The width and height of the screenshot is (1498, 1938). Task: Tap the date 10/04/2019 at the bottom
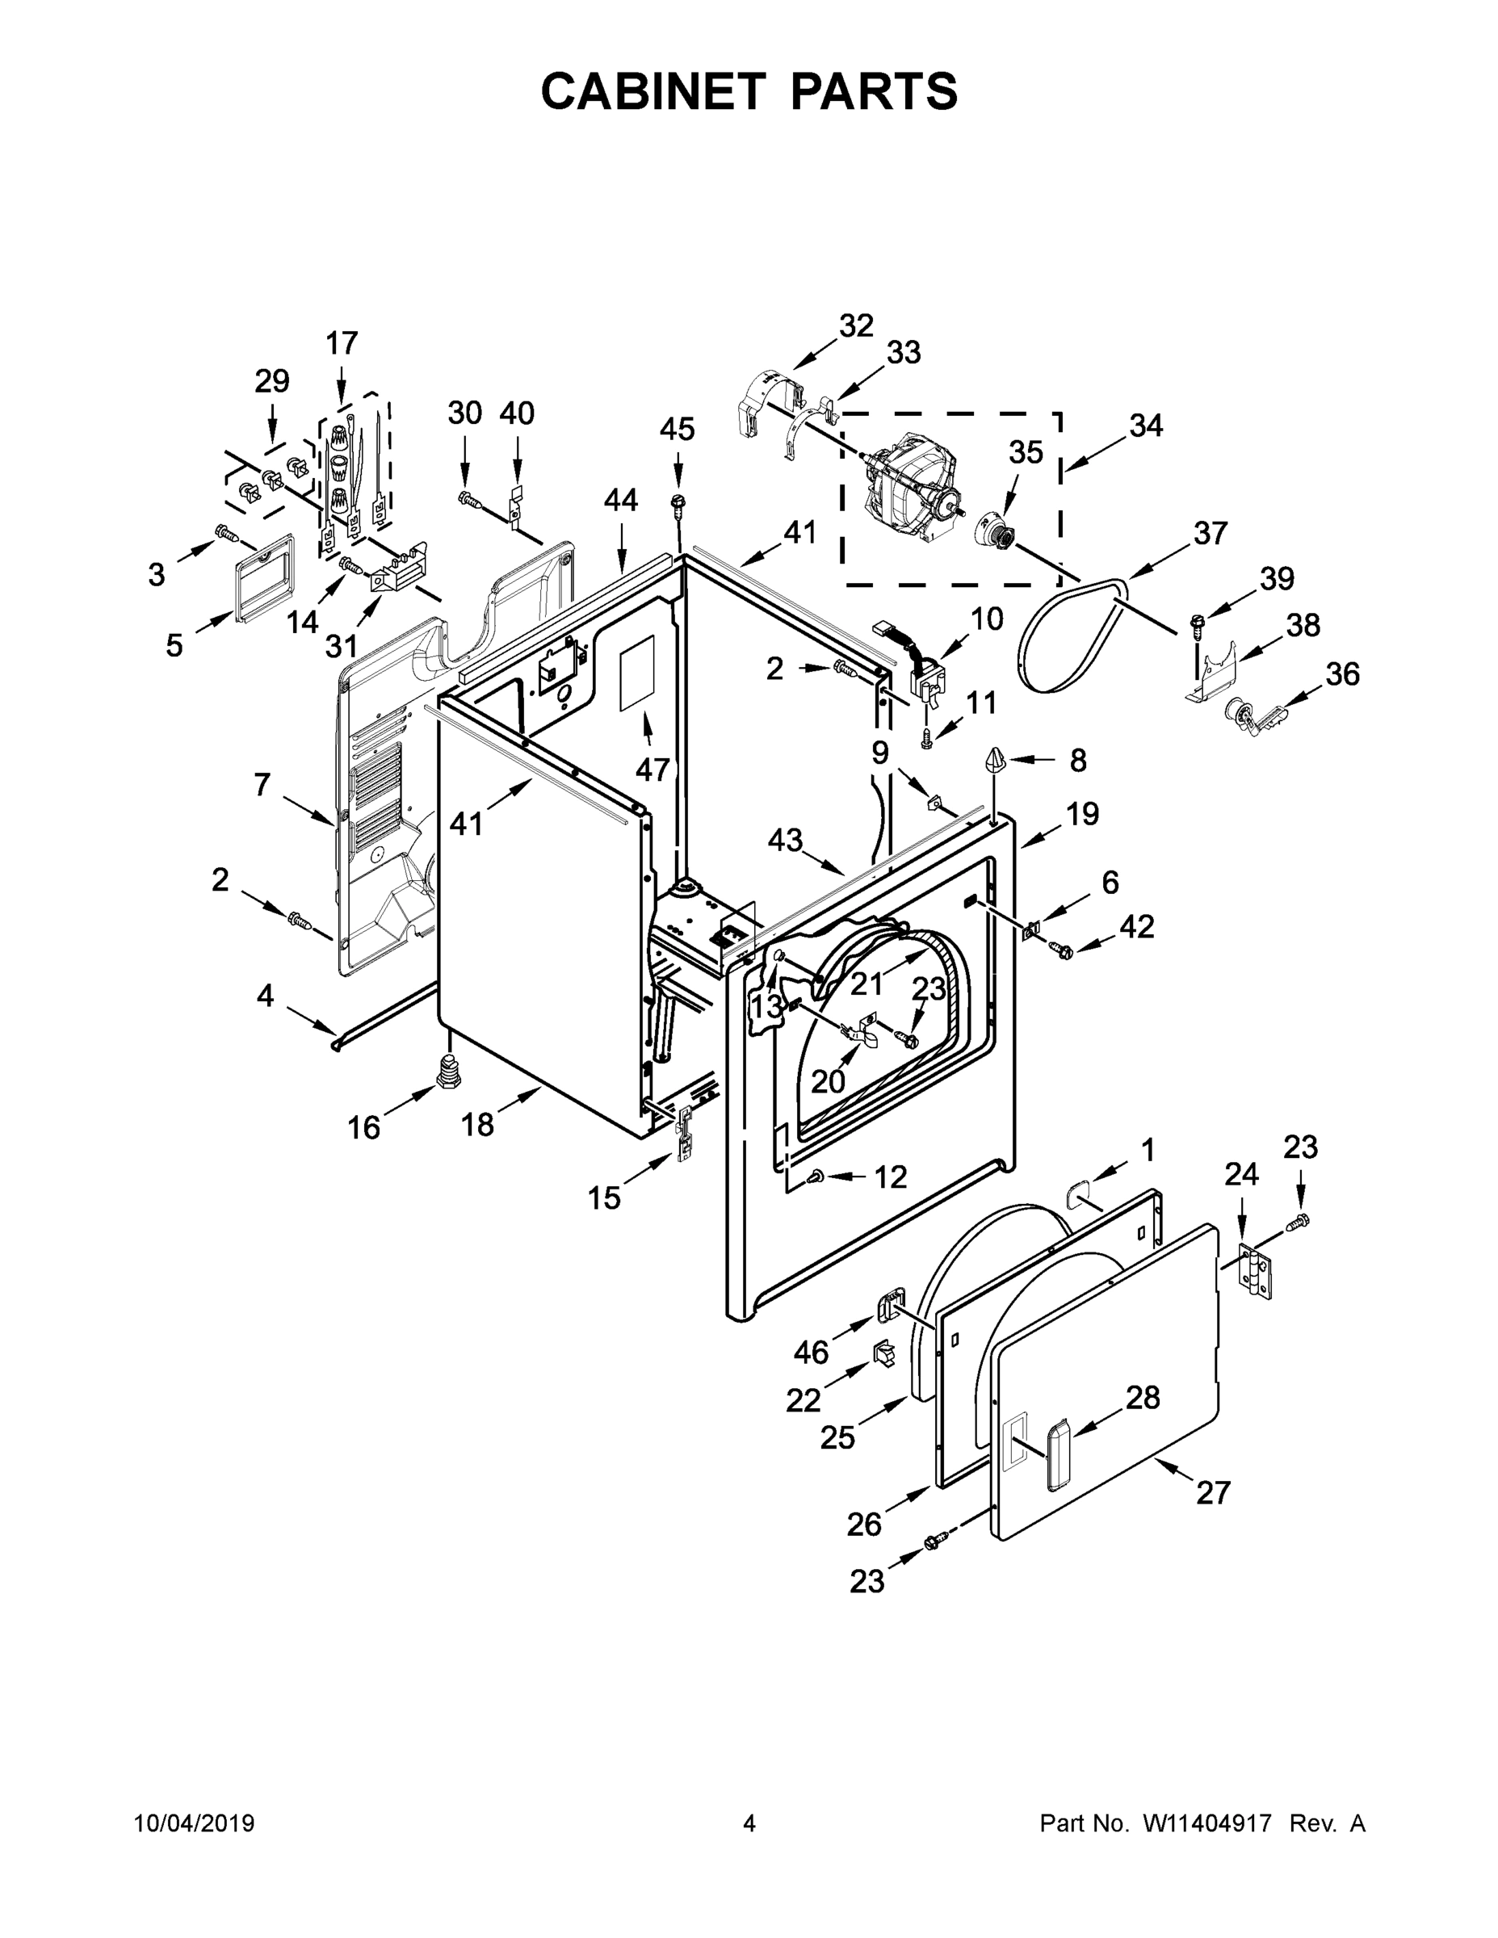coord(195,1823)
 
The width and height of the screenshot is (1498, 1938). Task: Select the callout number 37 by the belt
coord(1210,533)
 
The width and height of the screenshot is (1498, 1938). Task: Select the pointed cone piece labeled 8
coord(996,760)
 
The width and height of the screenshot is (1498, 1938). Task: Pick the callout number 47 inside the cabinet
coord(652,770)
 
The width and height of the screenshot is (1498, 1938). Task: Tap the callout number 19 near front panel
coord(1083,813)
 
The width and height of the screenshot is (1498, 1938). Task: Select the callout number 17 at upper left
coord(342,342)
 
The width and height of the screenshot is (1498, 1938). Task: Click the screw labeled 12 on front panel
coord(816,1177)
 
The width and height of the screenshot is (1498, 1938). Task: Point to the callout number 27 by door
coord(1213,1492)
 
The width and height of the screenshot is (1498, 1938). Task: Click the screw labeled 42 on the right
coord(1060,950)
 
